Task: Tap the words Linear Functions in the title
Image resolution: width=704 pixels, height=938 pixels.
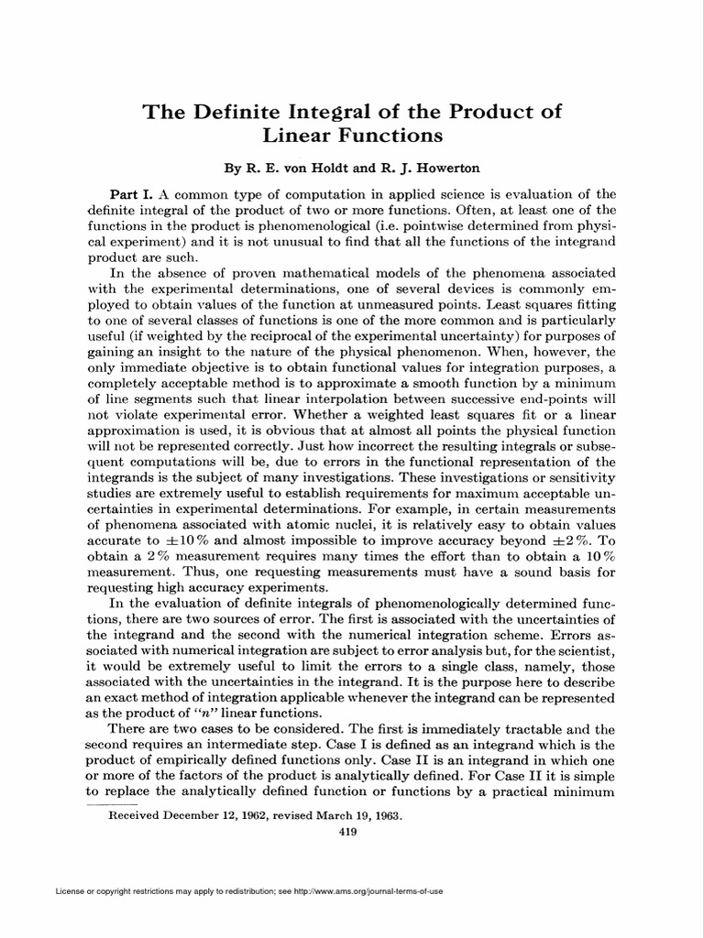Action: point(353,136)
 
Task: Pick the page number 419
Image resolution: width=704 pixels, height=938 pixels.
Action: point(347,831)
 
